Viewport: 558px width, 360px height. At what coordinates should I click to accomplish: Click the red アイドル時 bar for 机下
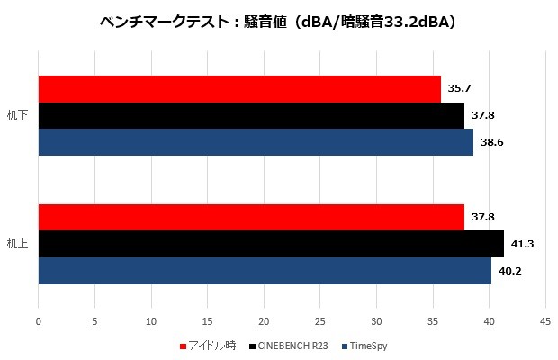(x=239, y=89)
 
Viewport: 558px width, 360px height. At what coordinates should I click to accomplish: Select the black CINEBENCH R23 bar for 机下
(x=251, y=115)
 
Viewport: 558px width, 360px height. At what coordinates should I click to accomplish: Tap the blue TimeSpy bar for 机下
(x=256, y=142)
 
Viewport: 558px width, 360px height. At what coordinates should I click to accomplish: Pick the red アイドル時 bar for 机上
(x=251, y=217)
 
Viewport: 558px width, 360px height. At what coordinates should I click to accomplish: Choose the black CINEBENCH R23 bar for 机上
(x=271, y=244)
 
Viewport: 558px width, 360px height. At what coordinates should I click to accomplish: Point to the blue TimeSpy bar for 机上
(x=265, y=270)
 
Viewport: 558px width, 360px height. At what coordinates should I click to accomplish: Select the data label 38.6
(x=491, y=142)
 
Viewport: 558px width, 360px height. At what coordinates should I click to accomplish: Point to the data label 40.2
(x=509, y=270)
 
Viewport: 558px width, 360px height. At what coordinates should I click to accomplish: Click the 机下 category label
(x=17, y=116)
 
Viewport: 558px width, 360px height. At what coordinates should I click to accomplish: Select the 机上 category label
(x=17, y=244)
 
